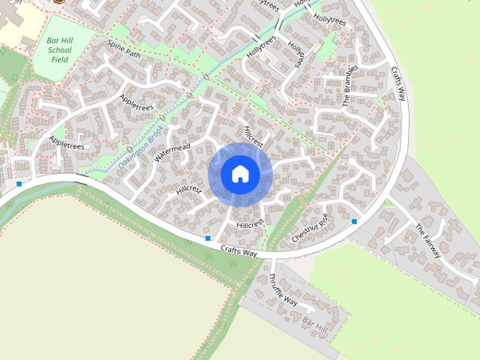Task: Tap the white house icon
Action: (x=240, y=174)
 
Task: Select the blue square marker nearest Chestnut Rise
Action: (x=355, y=221)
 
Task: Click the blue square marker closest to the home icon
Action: (x=208, y=238)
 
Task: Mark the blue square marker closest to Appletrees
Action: (x=19, y=184)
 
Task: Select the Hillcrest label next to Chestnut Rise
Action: (x=250, y=224)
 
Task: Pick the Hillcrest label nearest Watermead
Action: (x=189, y=190)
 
